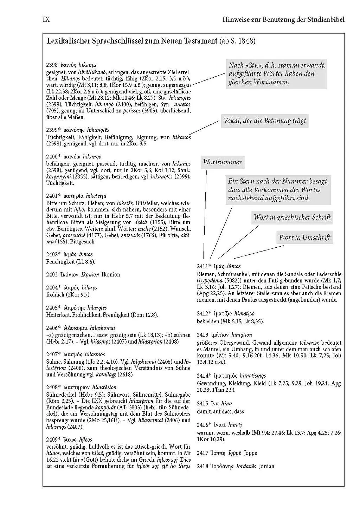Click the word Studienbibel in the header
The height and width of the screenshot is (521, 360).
(325, 20)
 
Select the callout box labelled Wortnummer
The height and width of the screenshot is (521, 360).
(223, 162)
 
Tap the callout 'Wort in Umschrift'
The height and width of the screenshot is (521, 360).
(304, 237)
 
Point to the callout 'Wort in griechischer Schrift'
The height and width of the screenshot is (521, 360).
(292, 217)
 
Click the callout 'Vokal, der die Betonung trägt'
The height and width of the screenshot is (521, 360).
(265, 121)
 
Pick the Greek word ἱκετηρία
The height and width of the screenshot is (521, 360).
(72, 196)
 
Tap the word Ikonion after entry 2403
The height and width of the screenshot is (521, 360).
(111, 275)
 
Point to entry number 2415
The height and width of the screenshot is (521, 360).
(202, 404)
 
